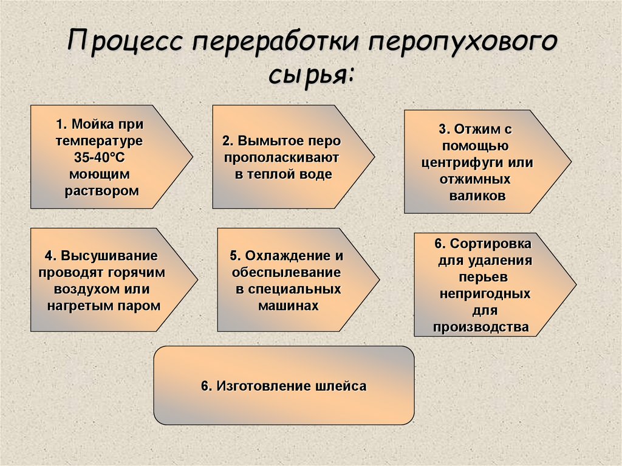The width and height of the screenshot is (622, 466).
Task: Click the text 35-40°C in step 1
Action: pos(100,158)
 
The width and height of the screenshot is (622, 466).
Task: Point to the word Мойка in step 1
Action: pos(90,125)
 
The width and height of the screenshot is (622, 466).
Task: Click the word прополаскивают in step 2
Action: pos(281,157)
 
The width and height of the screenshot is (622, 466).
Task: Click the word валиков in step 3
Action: pos(477,196)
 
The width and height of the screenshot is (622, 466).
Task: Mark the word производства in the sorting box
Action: pos(481,327)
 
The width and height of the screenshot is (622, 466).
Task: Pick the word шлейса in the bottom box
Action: pos(341,386)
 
